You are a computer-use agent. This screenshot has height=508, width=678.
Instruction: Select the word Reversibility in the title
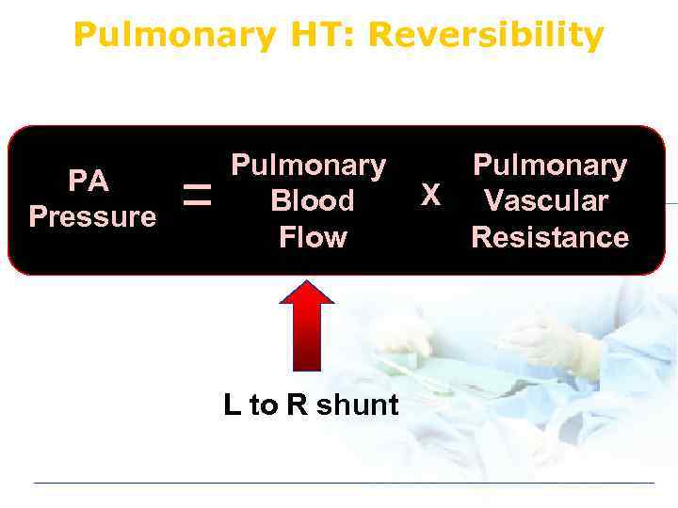pos(486,35)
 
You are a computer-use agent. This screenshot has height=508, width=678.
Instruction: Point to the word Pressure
pos(92,217)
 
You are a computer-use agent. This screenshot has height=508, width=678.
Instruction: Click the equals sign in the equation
pos(197,197)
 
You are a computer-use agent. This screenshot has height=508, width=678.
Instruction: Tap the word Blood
pos(312,201)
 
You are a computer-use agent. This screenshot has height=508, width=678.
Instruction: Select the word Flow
pos(312,237)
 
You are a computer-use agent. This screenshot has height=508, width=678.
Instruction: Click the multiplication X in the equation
pos(430,195)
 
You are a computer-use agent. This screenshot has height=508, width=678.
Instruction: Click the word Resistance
pos(550,237)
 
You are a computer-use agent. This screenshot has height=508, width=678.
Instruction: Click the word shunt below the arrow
pos(358,405)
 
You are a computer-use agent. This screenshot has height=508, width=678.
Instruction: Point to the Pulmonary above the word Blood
pos(309,167)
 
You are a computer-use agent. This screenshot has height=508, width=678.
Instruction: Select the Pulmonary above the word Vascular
pos(550,167)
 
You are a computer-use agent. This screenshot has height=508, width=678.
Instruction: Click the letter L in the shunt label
pos(232,405)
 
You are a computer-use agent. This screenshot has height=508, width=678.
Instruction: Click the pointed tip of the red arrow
pos(307,283)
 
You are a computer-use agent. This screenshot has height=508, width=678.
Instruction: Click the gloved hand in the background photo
pos(556,343)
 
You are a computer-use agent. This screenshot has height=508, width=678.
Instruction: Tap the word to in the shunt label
pos(264,405)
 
